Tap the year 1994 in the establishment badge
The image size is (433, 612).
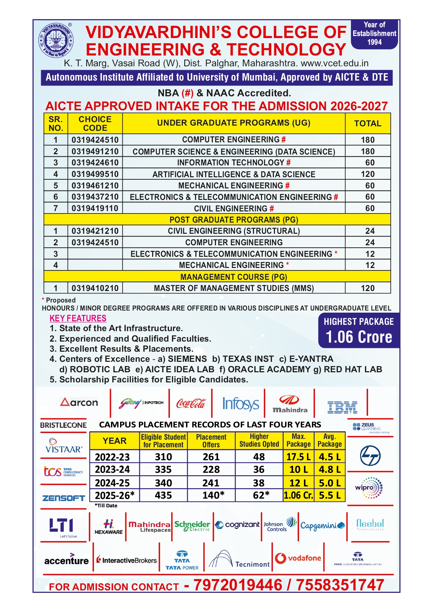tap(374, 42)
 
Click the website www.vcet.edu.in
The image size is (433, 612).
tap(334, 64)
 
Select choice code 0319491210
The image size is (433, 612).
tap(95, 151)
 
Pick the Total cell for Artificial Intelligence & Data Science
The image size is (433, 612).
tap(368, 174)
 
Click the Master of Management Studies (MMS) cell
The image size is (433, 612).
tap(234, 288)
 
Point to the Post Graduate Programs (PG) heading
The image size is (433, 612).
tap(234, 220)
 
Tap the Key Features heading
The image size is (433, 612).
tap(78, 318)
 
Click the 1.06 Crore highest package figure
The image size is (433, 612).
tap(359, 337)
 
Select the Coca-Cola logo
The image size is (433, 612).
tap(191, 403)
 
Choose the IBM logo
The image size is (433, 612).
tap(342, 407)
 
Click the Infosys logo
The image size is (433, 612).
tap(241, 404)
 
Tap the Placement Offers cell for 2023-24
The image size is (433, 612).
tap(211, 470)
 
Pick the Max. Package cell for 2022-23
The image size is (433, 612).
tap(298, 457)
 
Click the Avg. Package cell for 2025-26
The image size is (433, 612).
tap(329, 495)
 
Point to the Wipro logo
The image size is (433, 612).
tap(369, 487)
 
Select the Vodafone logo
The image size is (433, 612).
tap(298, 558)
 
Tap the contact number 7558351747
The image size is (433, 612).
tap(340, 585)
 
